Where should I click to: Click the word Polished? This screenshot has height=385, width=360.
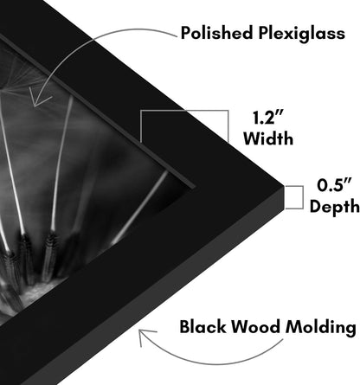[216, 33]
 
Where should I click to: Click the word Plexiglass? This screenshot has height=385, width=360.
[301, 34]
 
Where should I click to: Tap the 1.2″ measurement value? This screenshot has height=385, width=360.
[268, 118]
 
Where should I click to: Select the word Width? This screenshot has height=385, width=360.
[268, 138]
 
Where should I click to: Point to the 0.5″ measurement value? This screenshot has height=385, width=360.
[335, 185]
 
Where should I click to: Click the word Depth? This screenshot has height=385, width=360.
[335, 207]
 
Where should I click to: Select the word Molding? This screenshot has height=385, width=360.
[321, 328]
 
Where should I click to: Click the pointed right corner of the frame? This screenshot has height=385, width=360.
[284, 185]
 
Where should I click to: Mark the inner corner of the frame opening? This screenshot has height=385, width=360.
[194, 187]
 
